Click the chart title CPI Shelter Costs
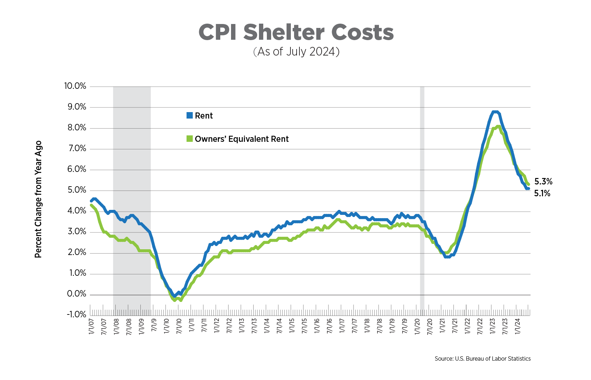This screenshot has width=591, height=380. [296, 32]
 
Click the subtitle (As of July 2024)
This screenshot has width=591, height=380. [296, 52]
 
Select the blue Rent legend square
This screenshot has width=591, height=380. [189, 115]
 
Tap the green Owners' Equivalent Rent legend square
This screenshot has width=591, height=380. [189, 139]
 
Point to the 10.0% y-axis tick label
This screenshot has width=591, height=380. [75, 86]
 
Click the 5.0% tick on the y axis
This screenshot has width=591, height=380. [77, 190]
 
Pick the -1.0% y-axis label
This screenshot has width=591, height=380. [76, 314]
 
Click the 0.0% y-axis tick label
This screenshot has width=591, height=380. [77, 294]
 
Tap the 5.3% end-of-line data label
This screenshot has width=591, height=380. [543, 182]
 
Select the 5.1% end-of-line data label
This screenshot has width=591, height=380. [542, 193]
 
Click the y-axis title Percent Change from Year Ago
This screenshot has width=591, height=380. [38, 199]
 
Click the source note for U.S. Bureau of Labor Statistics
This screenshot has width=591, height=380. [482, 359]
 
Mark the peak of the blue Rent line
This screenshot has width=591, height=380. [495, 112]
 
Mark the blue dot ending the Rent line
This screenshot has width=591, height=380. [528, 188]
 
